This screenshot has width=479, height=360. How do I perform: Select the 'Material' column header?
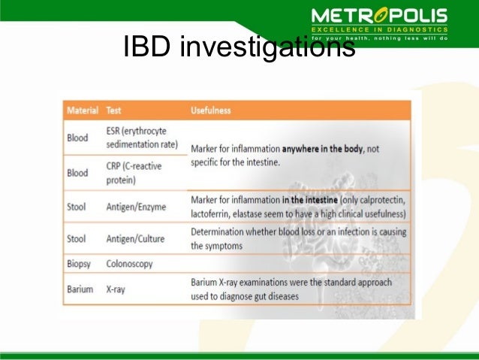click(x=83, y=110)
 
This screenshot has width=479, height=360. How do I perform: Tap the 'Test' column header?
click(x=114, y=110)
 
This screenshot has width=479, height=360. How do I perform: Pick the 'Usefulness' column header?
click(x=211, y=110)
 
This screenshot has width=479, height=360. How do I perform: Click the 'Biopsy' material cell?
click(x=79, y=265)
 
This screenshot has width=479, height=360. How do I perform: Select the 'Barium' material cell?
click(x=80, y=289)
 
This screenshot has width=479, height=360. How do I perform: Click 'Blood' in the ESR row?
click(x=77, y=138)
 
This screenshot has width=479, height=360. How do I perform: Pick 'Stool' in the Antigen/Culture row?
click(x=77, y=237)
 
